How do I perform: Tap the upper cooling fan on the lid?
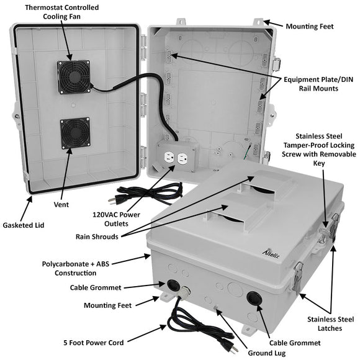[x=74, y=76]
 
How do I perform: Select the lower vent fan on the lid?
[x=75, y=134]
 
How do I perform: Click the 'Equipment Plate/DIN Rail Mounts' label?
[x=318, y=84]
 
